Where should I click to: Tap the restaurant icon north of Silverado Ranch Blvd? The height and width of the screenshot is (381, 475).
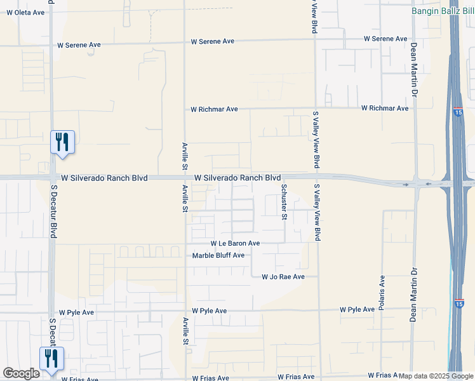point(62,141)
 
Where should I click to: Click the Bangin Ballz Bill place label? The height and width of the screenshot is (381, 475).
point(443,11)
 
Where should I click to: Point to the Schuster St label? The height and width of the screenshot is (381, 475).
point(284,202)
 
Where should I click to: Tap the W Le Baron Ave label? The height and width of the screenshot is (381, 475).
point(236,243)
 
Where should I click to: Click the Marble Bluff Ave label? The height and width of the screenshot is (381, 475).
point(218,255)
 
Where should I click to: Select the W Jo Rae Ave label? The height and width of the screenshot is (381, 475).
point(283,277)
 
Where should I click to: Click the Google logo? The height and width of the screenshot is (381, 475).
point(21,373)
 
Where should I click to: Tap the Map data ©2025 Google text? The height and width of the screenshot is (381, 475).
point(436,376)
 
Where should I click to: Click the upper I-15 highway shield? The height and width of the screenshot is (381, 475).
point(458,112)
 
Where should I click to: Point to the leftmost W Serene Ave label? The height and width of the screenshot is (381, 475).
point(79,45)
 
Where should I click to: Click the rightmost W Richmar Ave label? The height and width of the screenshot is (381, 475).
point(385,108)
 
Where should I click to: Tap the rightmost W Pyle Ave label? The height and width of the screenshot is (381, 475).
point(357,309)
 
